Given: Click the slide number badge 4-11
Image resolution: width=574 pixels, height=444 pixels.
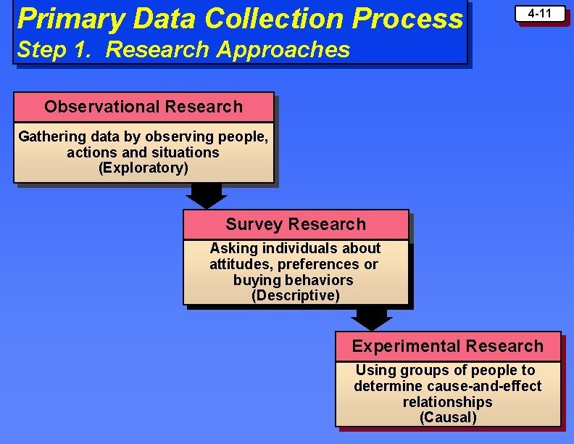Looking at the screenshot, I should pyautogui.click(x=540, y=14).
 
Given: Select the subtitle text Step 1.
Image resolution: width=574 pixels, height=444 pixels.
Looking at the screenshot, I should pyautogui.click(x=52, y=49).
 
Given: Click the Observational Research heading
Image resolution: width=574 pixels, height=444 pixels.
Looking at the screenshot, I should pyautogui.click(x=143, y=107).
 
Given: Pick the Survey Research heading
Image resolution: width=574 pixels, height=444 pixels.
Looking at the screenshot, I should pyautogui.click(x=296, y=224).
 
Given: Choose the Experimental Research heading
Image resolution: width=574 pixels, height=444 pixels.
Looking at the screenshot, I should pyautogui.click(x=447, y=346).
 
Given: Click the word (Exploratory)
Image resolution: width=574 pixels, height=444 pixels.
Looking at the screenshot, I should pyautogui.click(x=143, y=168).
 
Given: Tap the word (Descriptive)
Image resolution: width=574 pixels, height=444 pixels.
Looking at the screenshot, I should pyautogui.click(x=295, y=296).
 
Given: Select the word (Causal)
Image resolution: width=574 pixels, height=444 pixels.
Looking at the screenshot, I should pyautogui.click(x=448, y=418).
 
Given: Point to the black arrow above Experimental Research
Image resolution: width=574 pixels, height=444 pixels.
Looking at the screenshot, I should pyautogui.click(x=371, y=318).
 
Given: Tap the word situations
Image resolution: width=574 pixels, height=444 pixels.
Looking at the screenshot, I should pyautogui.click(x=183, y=152).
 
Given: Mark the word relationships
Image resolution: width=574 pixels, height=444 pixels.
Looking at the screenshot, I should pyautogui.click(x=447, y=402).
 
